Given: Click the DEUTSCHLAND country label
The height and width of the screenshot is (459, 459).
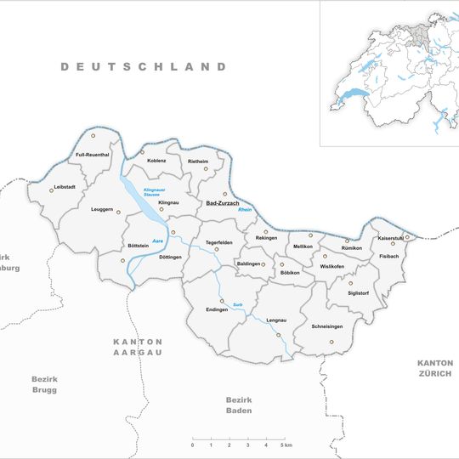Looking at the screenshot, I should (144, 66).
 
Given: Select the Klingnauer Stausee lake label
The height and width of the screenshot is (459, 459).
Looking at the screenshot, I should (154, 191).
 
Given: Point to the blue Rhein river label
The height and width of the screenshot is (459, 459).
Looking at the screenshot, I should (246, 211).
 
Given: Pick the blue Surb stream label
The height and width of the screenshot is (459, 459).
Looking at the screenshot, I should (239, 303).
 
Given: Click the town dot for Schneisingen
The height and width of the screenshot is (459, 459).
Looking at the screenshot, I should (331, 343).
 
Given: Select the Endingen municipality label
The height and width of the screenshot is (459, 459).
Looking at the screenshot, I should (217, 309).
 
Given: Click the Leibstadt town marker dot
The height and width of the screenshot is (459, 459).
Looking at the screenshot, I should (51, 190).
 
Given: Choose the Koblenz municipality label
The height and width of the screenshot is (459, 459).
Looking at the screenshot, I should (156, 159).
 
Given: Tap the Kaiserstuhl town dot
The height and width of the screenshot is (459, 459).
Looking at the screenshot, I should (406, 237).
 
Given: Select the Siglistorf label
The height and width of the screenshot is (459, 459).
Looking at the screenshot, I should (359, 293).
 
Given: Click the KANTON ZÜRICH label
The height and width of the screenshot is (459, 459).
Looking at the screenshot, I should (436, 368).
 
